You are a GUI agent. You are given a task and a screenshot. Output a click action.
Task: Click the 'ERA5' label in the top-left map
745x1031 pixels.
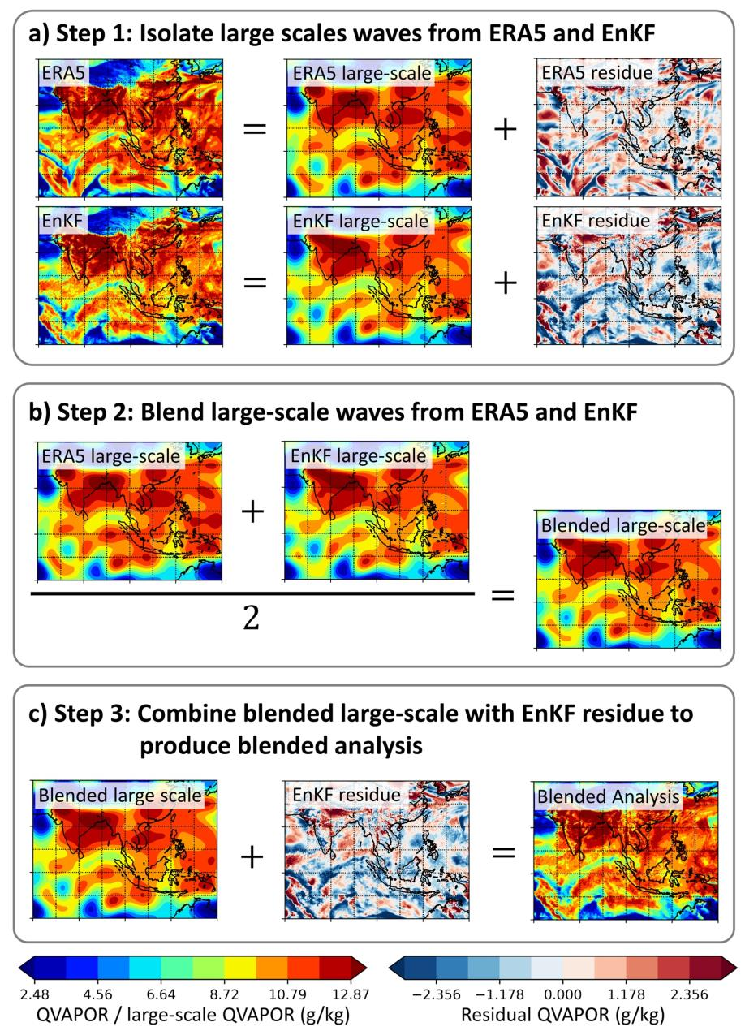click(65, 73)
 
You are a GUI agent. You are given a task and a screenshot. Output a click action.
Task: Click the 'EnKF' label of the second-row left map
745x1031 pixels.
click(65, 220)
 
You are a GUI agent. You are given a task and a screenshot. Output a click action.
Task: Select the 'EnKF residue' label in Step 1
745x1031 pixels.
click(596, 220)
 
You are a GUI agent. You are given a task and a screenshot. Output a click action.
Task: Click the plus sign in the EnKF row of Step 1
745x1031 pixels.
click(506, 281)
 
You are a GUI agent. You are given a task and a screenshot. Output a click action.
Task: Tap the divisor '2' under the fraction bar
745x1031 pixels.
click(252, 619)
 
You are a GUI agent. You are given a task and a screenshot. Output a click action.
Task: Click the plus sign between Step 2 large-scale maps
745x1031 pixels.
click(253, 511)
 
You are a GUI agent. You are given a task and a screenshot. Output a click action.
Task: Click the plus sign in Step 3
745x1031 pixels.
click(253, 856)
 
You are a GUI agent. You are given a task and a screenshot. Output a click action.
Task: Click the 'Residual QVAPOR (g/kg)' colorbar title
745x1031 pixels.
click(562, 1013)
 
